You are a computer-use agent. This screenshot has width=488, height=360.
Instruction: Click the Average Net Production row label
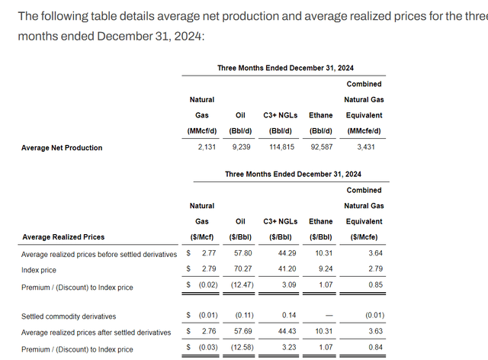[62, 147]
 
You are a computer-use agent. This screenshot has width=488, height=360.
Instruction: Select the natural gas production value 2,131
[201, 147]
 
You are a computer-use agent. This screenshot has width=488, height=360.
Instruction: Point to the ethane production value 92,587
[320, 147]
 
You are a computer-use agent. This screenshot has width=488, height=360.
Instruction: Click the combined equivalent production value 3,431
[364, 147]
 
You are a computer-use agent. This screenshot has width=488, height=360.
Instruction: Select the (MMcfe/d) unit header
[364, 131]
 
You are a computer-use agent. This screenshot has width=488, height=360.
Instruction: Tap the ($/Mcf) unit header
[201, 237]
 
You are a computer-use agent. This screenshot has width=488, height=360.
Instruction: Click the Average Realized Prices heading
[63, 237]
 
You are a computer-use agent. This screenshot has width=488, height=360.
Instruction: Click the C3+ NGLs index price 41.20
[283, 270]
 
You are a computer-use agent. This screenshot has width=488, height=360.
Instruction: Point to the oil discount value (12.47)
[242, 287]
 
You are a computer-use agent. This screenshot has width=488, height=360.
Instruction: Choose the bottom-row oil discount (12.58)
[242, 349]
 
